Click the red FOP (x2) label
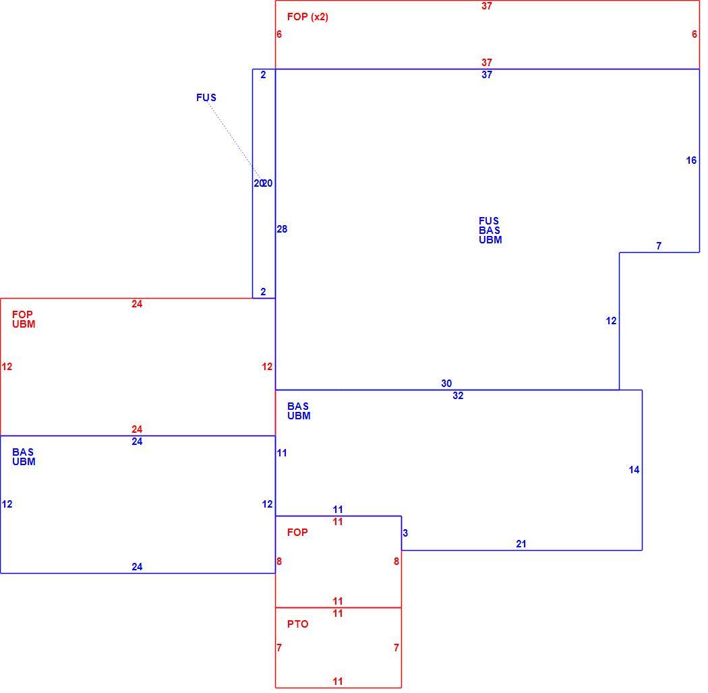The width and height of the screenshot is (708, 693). click(x=307, y=17)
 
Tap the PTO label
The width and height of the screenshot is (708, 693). click(x=298, y=624)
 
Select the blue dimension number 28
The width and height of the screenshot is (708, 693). click(x=282, y=229)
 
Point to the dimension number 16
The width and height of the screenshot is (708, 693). click(x=691, y=160)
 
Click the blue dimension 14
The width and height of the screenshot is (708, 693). click(x=634, y=470)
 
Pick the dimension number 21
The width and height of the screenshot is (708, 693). click(x=521, y=544)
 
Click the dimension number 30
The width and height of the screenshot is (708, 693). click(x=446, y=384)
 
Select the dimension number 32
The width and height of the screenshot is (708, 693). click(x=458, y=396)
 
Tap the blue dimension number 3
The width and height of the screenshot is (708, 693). click(x=405, y=533)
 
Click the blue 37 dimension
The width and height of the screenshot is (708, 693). click(x=487, y=75)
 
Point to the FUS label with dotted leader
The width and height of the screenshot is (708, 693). click(x=206, y=98)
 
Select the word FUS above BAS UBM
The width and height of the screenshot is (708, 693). click(x=489, y=220)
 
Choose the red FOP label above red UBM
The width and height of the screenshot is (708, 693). click(x=22, y=314)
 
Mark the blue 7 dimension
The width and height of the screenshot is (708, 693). click(x=659, y=246)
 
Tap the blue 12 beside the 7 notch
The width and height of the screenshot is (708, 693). click(x=611, y=321)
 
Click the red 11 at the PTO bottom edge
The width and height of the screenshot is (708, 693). click(x=338, y=682)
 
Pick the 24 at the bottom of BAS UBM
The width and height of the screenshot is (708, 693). click(x=138, y=566)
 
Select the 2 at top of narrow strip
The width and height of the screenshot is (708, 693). click(x=263, y=75)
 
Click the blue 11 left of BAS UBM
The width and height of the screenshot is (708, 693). click(x=282, y=453)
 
